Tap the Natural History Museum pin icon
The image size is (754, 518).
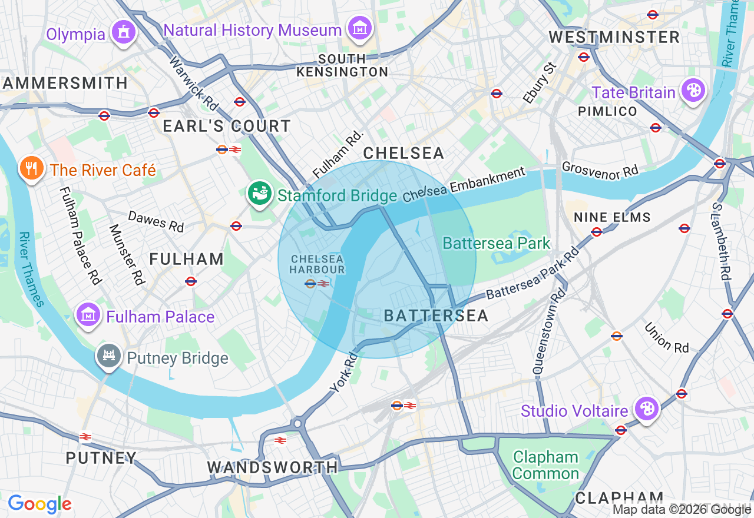coord(359,28)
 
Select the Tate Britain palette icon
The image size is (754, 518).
coord(693,91)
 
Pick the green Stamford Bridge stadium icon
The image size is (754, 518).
coord(260,193)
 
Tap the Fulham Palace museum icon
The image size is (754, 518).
coord(88,315)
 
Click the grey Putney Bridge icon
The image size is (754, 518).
coord(110,356)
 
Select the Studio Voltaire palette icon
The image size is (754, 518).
coord(646,409)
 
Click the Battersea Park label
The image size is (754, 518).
coord(496,243)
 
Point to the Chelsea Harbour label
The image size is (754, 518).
coord(317,264)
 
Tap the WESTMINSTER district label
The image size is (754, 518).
coord(614,37)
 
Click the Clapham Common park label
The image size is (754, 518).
coord(545,465)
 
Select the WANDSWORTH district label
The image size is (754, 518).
coord(272,467)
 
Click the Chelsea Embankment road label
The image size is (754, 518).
coord(464,185)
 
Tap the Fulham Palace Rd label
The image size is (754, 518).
coord(80,235)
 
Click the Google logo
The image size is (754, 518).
coord(39,504)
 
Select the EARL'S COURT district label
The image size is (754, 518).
coord(226,126)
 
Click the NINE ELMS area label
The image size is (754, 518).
coord(612,217)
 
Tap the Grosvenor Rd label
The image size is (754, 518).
coord(600,170)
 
